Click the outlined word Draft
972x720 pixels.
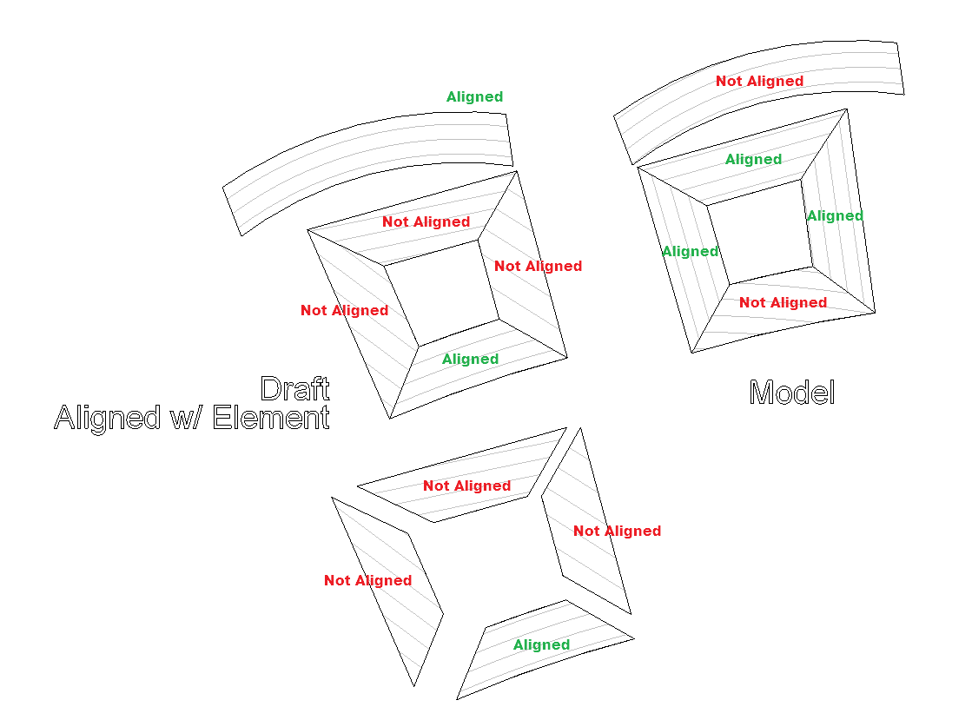click(294, 388)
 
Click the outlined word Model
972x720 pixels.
click(792, 393)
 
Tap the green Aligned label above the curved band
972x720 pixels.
click(474, 97)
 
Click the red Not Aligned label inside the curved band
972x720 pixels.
click(759, 81)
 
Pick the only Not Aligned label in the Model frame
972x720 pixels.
click(783, 302)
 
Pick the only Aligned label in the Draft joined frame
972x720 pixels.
click(470, 359)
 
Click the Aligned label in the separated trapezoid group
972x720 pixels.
click(541, 644)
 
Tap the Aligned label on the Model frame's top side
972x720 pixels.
click(753, 159)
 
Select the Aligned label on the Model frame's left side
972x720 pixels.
click(690, 251)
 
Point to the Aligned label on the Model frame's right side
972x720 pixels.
click(835, 215)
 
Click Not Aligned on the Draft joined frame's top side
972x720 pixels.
click(426, 221)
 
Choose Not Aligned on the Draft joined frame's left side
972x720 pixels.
click(344, 310)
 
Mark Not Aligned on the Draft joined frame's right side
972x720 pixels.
click(538, 266)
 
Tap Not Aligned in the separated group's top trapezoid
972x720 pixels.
click(466, 486)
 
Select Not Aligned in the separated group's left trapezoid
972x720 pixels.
click(367, 580)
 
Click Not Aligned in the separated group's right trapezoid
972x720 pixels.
click(617, 531)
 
